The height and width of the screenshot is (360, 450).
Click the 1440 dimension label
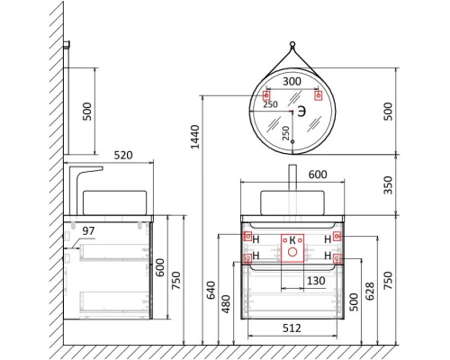pyautogui.click(x=195, y=137)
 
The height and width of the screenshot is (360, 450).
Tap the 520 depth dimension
pyautogui.click(x=123, y=155)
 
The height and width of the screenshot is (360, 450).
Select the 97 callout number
pyautogui.click(x=88, y=231)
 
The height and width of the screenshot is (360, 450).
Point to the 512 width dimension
pyautogui.click(x=292, y=328)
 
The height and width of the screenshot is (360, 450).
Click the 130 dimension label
pyautogui.click(x=316, y=281)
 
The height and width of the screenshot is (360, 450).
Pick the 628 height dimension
pyautogui.click(x=370, y=291)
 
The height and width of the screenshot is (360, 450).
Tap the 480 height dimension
pyautogui.click(x=226, y=304)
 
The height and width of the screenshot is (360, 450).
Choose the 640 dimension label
pyautogui.click(x=211, y=290)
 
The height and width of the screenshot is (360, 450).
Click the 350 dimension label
pyautogui.click(x=388, y=185)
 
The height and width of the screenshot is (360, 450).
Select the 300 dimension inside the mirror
pyautogui.click(x=292, y=81)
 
